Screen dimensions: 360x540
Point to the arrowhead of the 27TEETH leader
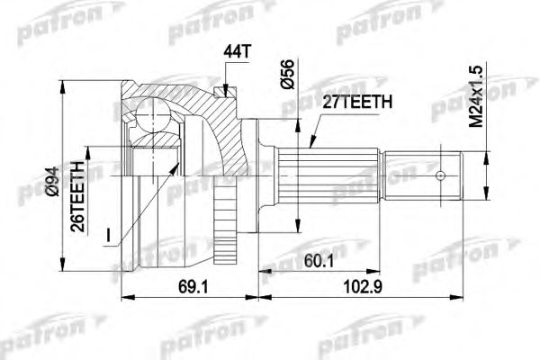tap(308, 146)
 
